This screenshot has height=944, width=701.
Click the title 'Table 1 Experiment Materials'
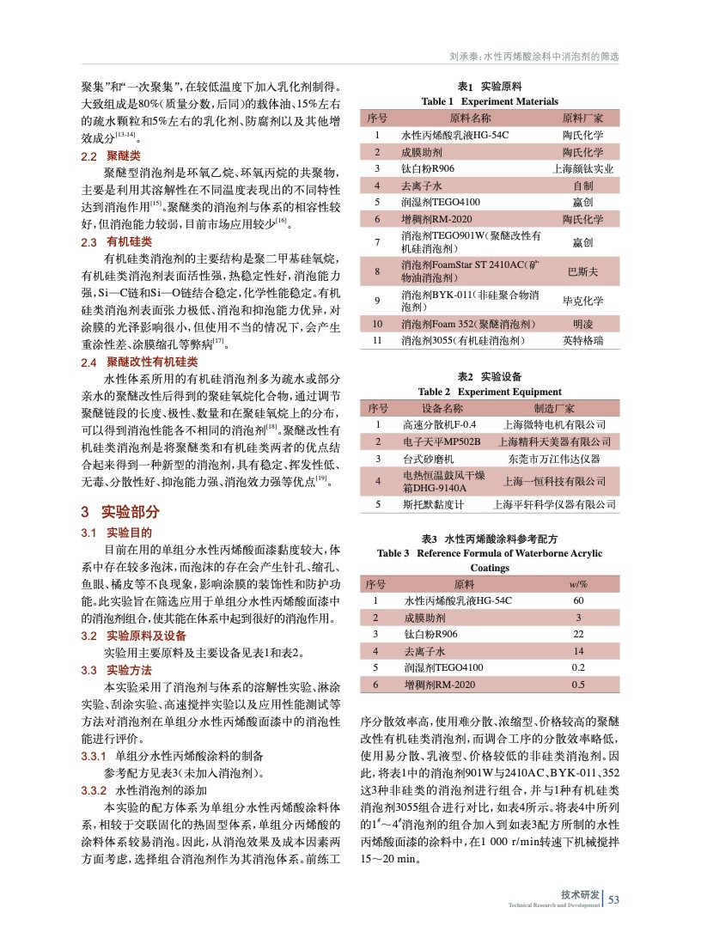click(490, 101)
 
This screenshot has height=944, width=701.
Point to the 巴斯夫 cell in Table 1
click(583, 271)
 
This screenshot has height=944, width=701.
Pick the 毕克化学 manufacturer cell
click(583, 301)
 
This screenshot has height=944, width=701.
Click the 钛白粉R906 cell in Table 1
click(430, 168)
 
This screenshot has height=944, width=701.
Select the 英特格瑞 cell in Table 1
click(583, 342)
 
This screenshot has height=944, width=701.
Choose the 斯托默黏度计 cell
click(433, 505)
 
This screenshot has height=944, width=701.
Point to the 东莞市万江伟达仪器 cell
click(553, 459)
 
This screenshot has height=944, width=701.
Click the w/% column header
click(579, 584)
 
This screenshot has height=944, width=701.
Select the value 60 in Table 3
click(579, 601)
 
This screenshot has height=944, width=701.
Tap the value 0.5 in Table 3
click(579, 685)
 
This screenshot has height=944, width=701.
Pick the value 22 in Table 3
click(579, 634)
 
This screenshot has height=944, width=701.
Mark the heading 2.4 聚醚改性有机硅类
click(135, 363)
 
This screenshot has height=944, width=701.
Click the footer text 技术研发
click(580, 895)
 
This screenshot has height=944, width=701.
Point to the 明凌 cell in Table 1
click(583, 324)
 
